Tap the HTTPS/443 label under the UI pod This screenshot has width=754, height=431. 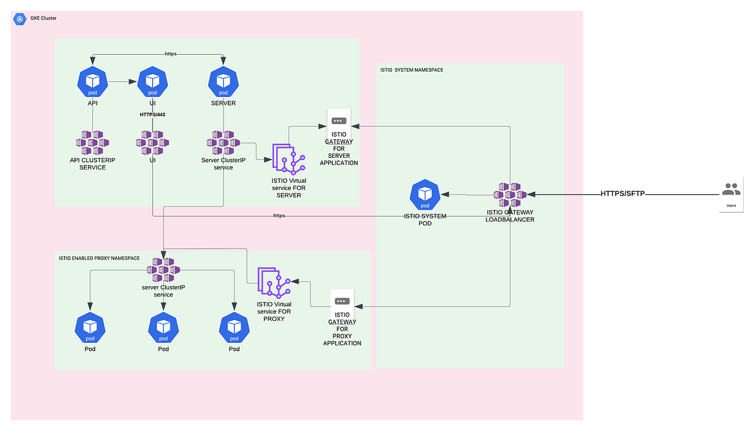(152, 115)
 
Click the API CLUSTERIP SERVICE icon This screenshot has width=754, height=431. (93, 143)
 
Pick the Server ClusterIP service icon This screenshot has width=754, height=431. (223, 143)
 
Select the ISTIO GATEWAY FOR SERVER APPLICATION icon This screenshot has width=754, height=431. (339, 120)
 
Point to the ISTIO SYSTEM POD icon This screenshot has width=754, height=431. (425, 195)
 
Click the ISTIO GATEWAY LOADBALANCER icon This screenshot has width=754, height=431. (510, 195)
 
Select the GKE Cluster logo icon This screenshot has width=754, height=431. (20, 19)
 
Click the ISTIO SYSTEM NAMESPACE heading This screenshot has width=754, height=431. (412, 70)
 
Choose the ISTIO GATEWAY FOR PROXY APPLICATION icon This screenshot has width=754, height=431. (342, 301)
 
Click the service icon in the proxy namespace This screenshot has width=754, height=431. (163, 270)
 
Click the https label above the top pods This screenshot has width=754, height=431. (171, 54)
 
